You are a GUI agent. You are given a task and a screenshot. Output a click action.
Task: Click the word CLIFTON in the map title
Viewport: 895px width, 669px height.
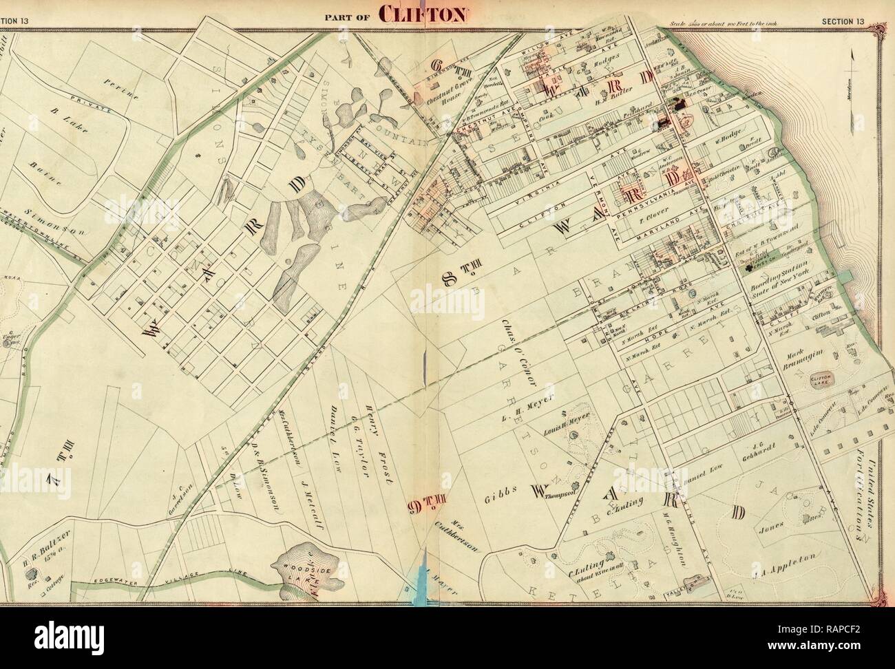click(423, 15)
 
